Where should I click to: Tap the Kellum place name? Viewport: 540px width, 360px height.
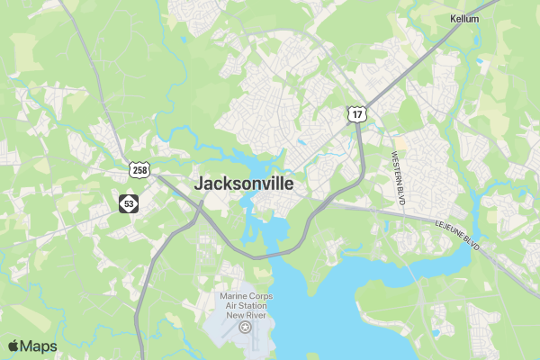point(464,18)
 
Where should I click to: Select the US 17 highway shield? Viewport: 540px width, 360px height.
point(357,113)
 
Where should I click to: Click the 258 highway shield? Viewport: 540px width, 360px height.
point(139,169)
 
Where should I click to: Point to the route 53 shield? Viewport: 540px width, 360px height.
point(130,204)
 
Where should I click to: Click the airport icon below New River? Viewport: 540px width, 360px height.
point(246,328)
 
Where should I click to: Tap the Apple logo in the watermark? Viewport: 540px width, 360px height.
point(13,346)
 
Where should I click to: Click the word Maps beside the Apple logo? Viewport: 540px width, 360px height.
point(39,346)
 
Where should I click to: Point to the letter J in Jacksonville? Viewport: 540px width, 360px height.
point(200,184)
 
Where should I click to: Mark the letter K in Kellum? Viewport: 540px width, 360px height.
point(453,18)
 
